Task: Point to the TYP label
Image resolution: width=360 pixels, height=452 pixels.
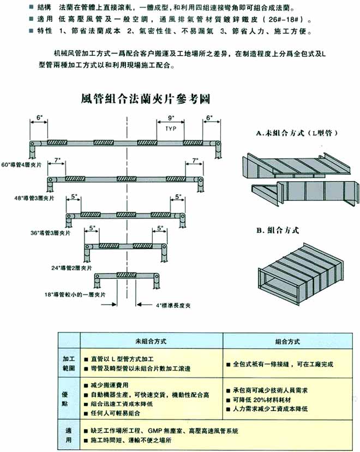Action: click(171, 129)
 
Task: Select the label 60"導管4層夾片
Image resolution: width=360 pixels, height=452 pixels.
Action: click(24, 164)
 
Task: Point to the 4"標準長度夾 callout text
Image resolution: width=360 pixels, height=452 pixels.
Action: click(177, 305)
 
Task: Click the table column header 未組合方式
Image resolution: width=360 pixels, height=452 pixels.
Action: click(151, 340)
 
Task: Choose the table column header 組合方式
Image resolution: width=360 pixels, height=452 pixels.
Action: click(289, 340)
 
